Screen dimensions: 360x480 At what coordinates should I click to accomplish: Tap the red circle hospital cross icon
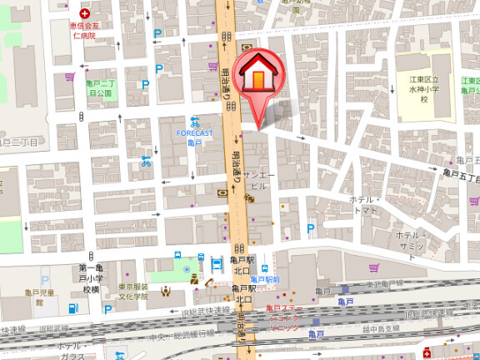(x=83, y=14)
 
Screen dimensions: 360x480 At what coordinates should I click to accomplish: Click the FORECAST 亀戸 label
(x=194, y=137)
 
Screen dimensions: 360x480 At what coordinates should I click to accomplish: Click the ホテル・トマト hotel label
(x=364, y=206)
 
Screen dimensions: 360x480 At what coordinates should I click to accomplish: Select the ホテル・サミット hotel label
(x=412, y=241)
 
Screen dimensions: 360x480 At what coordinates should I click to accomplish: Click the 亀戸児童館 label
(x=39, y=297)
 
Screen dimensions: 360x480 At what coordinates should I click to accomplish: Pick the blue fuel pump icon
(x=72, y=309)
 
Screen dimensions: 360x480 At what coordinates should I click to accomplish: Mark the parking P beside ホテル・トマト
(x=311, y=227)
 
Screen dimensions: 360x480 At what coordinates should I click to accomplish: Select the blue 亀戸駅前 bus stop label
(x=265, y=279)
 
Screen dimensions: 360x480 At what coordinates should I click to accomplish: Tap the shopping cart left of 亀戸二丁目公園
(x=70, y=77)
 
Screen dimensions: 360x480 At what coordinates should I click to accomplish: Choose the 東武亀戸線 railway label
(x=385, y=283)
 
